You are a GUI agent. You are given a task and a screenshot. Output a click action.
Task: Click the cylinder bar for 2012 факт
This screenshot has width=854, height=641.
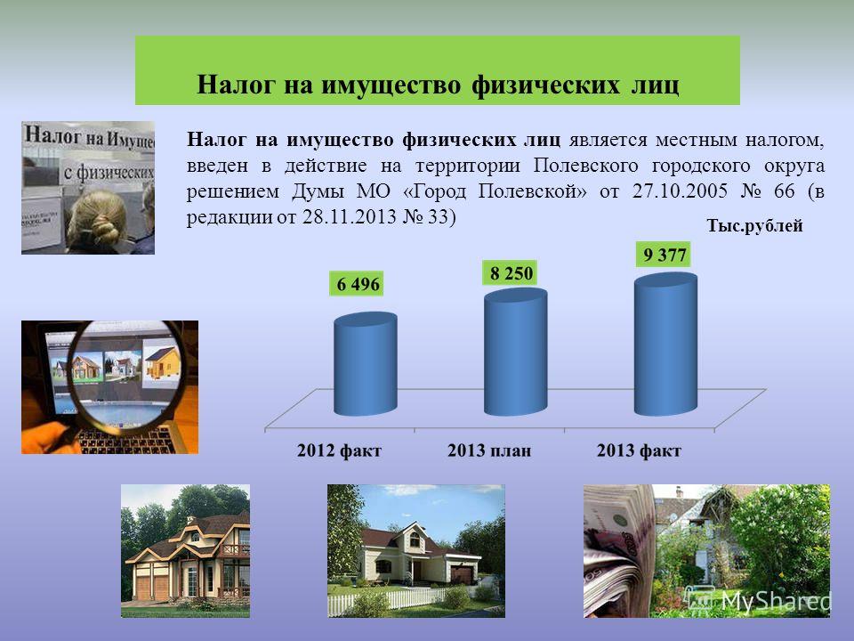tap(366, 363)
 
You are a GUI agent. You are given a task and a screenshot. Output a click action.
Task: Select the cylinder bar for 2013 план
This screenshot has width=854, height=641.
tap(515, 353)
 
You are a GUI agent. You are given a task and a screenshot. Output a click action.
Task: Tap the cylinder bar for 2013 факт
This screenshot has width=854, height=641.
tap(665, 345)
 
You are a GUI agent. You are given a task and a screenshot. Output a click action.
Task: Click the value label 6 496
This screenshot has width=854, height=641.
tap(358, 284)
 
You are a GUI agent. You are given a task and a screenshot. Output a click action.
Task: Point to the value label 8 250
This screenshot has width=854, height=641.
tap(511, 273)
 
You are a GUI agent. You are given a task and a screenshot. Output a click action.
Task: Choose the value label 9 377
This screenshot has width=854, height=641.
tap(664, 255)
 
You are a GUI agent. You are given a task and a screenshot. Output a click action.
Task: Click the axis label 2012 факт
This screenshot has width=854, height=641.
tap(339, 450)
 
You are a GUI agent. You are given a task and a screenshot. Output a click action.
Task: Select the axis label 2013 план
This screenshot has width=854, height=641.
tap(489, 450)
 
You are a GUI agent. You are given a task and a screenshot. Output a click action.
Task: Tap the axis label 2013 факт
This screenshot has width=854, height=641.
tap(639, 450)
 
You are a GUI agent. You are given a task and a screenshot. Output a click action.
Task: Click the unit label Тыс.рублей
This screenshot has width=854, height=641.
tap(754, 225)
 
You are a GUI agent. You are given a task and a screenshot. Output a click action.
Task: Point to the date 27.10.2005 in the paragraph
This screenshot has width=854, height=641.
tap(680, 191)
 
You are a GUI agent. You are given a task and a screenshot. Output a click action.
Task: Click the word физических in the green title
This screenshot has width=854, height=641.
tap(545, 85)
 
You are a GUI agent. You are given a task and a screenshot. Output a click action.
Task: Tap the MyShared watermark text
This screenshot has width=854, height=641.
tap(776, 602)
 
